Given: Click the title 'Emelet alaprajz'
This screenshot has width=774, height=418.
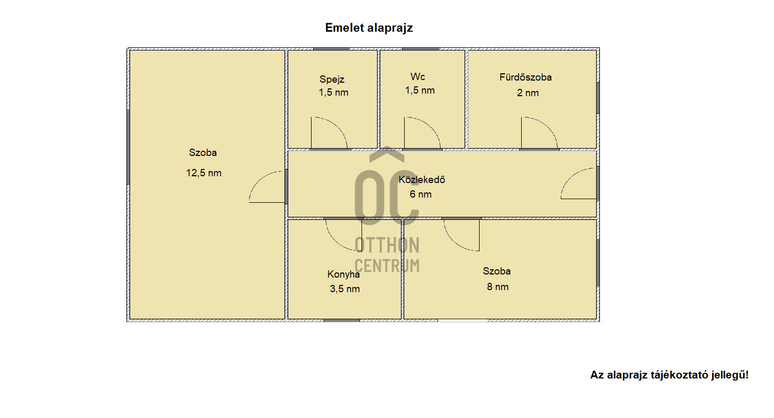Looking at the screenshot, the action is [x=369, y=28].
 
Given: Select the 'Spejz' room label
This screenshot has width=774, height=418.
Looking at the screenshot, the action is [x=332, y=80].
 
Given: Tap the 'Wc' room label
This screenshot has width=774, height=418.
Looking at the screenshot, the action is [x=417, y=76].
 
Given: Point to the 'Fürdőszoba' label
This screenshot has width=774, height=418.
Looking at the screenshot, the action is [x=525, y=77].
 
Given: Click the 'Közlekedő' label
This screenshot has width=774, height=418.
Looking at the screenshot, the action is [x=421, y=180].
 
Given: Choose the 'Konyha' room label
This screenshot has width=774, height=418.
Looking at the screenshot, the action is [x=343, y=275].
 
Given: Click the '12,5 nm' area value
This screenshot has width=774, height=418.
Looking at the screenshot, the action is [x=203, y=173].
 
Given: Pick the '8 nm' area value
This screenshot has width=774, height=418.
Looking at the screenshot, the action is [x=498, y=287].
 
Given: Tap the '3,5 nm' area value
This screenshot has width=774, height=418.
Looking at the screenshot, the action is [x=344, y=289].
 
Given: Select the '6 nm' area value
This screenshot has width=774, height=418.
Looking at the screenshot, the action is [x=420, y=194].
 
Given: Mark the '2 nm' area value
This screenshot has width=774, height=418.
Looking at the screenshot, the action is [x=527, y=93].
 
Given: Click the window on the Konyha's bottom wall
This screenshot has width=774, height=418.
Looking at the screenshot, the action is [x=341, y=321].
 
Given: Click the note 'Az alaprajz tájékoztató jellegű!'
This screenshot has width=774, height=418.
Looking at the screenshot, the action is [x=669, y=375].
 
